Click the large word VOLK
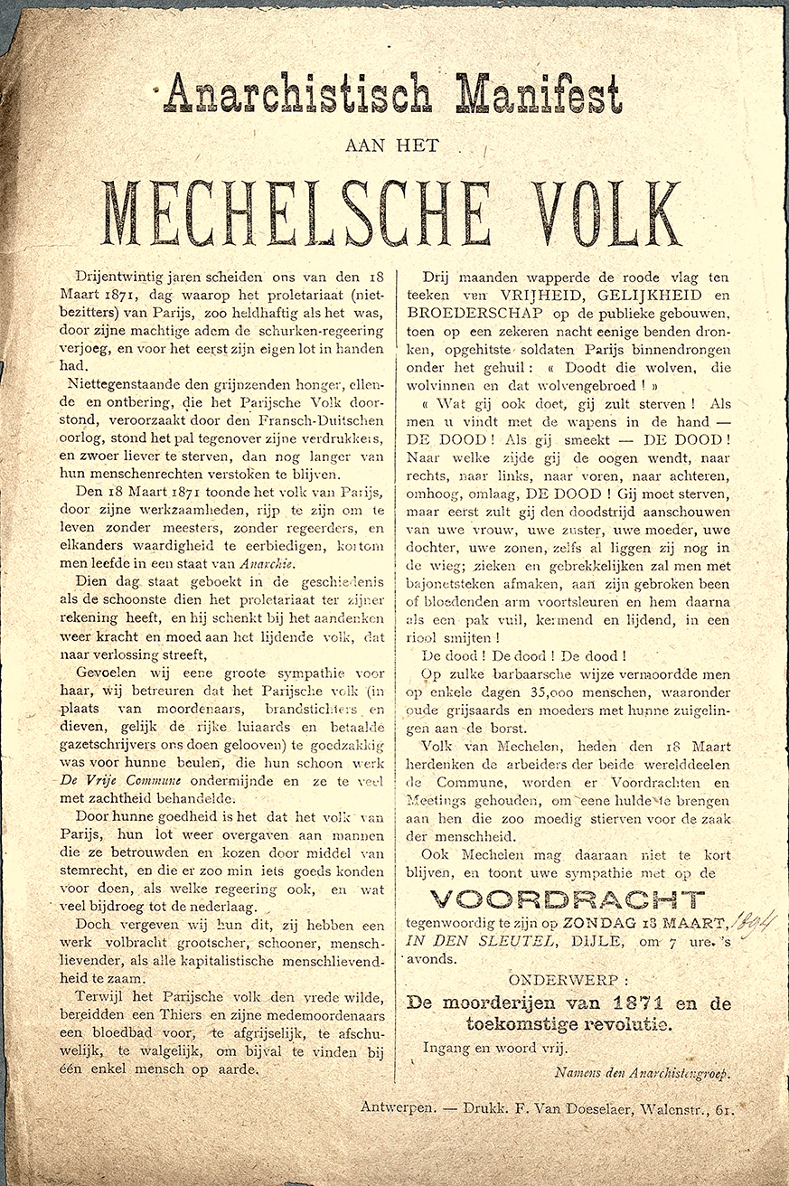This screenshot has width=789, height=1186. click(606, 213)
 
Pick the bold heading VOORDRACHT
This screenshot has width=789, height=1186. click(567, 899)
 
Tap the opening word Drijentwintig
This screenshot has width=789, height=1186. click(122, 276)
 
